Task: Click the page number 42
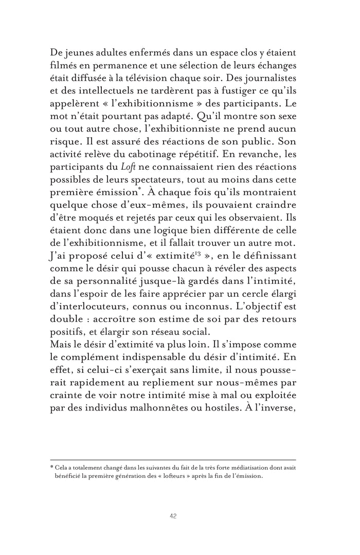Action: (173, 516)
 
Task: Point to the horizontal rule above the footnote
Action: (173, 459)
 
